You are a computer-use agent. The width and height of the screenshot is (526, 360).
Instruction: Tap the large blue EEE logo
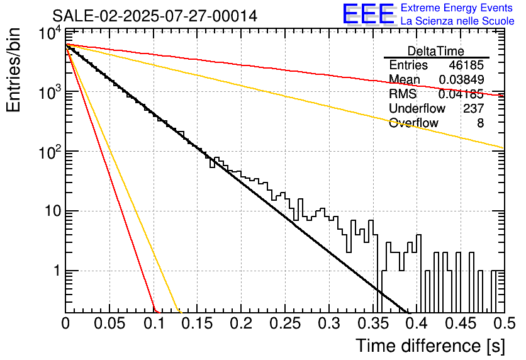coord(368,14)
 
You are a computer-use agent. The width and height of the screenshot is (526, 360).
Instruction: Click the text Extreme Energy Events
coord(456,8)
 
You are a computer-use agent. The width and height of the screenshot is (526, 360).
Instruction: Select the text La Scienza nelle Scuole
coord(457,21)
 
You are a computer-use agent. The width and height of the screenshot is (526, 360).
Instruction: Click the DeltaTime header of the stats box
coord(436,51)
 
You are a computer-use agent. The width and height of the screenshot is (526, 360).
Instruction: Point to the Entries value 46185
coord(466,65)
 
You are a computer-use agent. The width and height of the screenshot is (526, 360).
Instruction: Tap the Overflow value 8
coord(480,123)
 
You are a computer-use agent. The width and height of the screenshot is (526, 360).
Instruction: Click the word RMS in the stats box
coord(403,94)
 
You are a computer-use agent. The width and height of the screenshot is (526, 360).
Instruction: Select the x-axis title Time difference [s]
coord(430,346)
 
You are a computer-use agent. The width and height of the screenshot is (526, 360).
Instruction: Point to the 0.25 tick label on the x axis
coord(284,324)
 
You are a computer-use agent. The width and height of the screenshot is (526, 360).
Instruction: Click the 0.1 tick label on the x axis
coord(153,324)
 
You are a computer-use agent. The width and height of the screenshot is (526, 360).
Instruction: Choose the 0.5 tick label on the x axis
coord(500,324)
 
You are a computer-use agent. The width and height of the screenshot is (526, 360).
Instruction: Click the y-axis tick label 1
coord(55,271)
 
